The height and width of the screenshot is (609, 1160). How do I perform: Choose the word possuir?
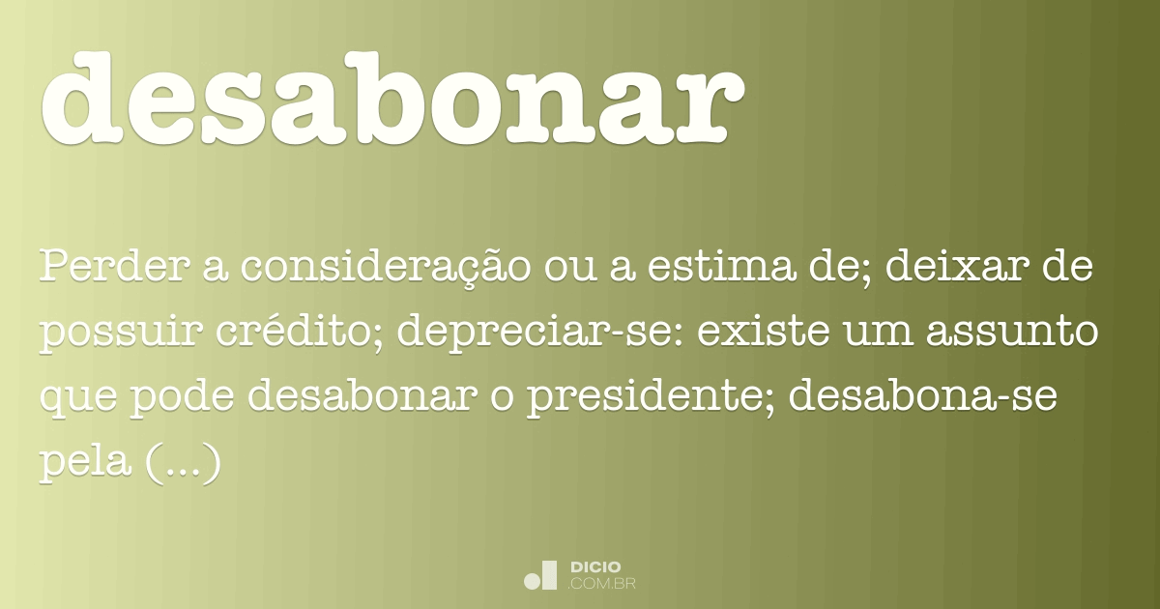[122, 333]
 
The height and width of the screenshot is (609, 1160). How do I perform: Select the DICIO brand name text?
[595, 566]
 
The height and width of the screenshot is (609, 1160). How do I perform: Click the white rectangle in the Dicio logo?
[550, 574]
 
